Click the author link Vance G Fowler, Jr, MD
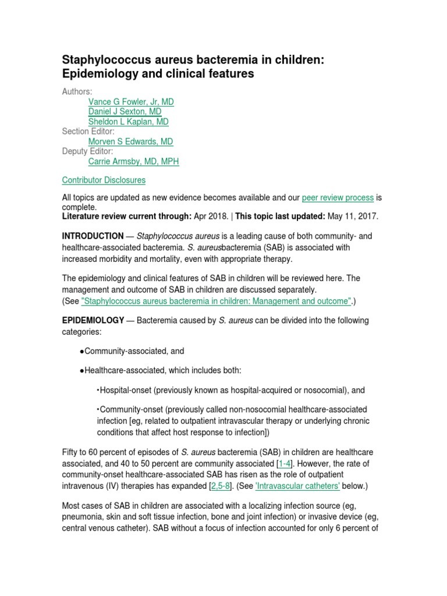131,102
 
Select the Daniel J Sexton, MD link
125,112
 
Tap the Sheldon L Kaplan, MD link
128,122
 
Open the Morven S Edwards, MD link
130,141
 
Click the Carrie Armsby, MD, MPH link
133,161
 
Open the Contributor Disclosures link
104,180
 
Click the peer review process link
338,197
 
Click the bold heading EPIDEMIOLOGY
93,321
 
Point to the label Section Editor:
88,132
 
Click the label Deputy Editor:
88,151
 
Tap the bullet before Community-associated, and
80,352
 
